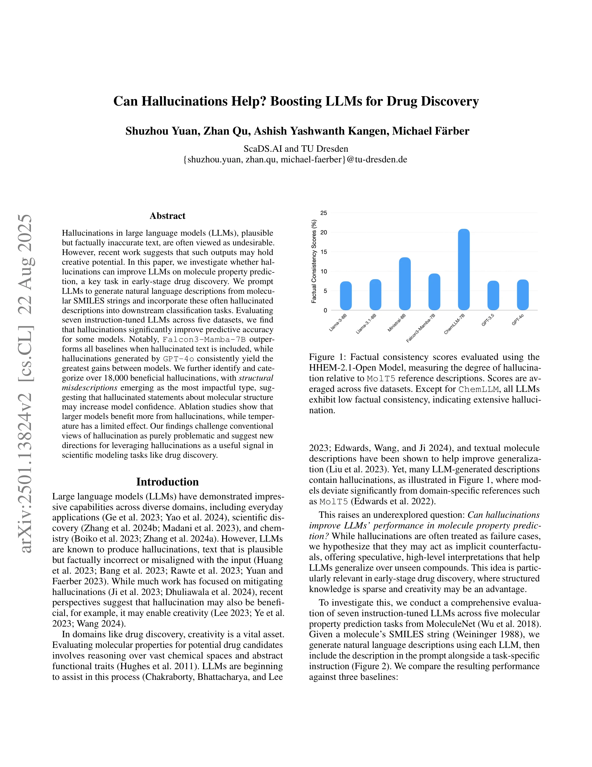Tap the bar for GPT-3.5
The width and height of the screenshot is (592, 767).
493,295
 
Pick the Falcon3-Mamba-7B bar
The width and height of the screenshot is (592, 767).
434,292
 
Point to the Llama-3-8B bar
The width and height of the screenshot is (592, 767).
346,296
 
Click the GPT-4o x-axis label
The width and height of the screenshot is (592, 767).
518,320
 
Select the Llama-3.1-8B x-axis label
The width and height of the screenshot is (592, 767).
366,323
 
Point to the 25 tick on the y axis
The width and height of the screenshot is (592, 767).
323,213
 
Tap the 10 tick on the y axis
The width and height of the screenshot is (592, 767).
323,271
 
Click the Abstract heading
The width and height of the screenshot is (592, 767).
167,216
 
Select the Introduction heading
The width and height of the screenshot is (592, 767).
167,482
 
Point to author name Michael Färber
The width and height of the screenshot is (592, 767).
431,131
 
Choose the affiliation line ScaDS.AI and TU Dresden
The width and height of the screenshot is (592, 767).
296,148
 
